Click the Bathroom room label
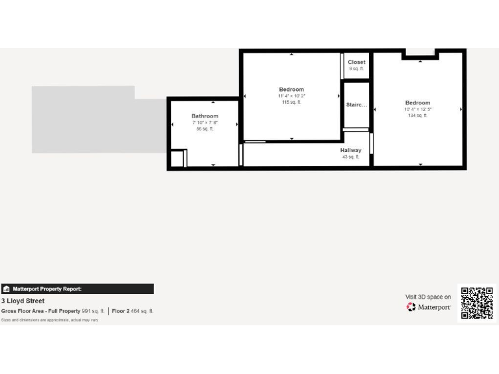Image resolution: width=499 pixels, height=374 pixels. coord(205,116)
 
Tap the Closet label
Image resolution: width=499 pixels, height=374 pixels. coord(356,62)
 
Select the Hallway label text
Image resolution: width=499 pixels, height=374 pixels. coord(350,150)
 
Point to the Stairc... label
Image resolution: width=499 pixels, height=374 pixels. coord(356,105)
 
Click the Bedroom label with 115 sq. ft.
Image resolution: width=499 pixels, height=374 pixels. coord(291,90)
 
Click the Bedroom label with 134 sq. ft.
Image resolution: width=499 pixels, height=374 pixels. coord(417,103)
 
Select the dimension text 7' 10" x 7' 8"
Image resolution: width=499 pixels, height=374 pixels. coord(205,123)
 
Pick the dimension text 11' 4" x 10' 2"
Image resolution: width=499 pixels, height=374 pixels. coord(291,96)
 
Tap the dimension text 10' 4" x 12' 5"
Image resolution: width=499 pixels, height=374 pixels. coord(417,109)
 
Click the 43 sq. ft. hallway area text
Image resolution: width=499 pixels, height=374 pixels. coord(350,156)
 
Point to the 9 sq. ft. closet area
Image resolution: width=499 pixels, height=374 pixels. coord(356,68)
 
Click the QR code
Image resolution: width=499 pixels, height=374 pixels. coord(476,302)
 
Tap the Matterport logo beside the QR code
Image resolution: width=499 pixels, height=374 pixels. coord(429,307)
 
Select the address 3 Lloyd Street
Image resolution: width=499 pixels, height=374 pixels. coord(23,301)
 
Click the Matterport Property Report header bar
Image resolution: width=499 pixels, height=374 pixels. coord(77,289)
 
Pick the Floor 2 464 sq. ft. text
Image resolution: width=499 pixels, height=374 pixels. coord(133,311)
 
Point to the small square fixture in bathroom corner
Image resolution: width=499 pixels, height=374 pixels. coord(177,158)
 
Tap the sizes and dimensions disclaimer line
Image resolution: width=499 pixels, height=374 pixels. coord(49,319)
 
